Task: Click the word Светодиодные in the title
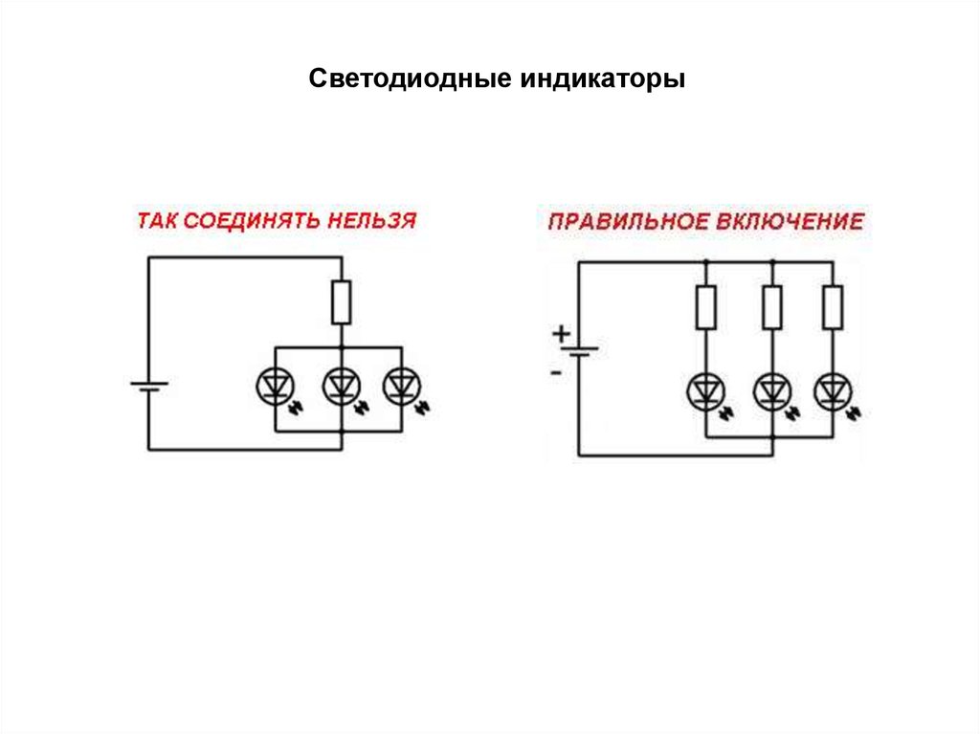point(409,78)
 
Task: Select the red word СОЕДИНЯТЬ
point(252,220)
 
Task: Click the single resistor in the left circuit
point(341,301)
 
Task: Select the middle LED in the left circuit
point(339,386)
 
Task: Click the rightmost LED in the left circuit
point(400,386)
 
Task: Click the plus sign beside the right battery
point(560,333)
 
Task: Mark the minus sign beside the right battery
point(556,371)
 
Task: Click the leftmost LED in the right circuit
point(705,391)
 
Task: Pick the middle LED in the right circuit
point(770,391)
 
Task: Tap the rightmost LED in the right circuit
point(832,391)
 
